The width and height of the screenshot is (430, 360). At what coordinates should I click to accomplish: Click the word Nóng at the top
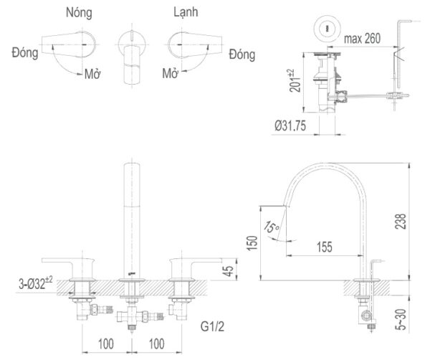[78, 13]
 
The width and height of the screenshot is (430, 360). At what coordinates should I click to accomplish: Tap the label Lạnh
[186, 13]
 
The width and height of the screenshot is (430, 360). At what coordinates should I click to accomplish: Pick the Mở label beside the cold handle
[170, 74]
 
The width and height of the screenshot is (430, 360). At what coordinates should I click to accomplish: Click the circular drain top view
[327, 28]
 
